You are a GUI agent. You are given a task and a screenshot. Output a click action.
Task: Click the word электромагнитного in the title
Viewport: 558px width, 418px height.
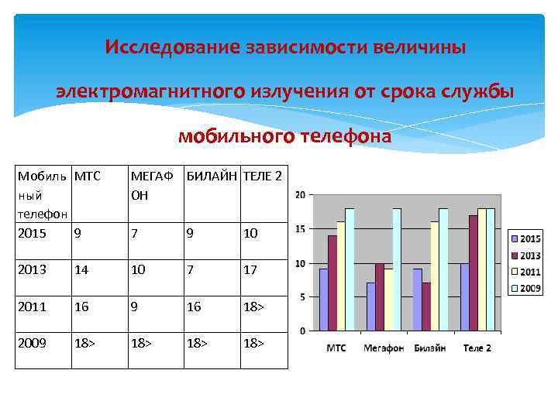pyautogui.click(x=151, y=92)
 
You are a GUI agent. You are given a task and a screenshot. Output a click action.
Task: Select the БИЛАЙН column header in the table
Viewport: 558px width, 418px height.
pyautogui.click(x=212, y=176)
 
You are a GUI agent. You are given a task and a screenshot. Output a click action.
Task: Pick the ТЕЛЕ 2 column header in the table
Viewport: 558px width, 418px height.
pyautogui.click(x=263, y=176)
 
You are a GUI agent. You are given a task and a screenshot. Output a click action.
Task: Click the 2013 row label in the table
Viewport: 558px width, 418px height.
pyautogui.click(x=32, y=269)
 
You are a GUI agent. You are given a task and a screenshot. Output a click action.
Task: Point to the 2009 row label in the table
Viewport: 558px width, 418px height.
pyautogui.click(x=32, y=342)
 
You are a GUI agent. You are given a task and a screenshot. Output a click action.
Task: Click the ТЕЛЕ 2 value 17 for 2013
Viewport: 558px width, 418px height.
pyautogui.click(x=250, y=269)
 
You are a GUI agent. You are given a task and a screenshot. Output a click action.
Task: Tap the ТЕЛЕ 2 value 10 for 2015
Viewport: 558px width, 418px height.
pyautogui.click(x=250, y=233)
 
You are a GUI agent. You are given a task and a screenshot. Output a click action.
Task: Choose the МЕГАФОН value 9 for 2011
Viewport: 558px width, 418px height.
pyautogui.click(x=135, y=307)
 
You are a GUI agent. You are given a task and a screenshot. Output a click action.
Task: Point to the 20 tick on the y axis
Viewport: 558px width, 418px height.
pyautogui.click(x=300, y=194)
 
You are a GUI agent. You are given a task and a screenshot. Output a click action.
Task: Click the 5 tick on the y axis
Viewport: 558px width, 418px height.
pyautogui.click(x=302, y=297)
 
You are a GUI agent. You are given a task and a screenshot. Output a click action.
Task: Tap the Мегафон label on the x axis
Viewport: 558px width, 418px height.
pyautogui.click(x=384, y=348)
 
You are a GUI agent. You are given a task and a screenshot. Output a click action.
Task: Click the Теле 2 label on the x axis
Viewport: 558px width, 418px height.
pyautogui.click(x=477, y=348)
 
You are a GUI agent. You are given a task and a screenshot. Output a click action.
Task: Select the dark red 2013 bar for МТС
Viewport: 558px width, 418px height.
pyautogui.click(x=332, y=283)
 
